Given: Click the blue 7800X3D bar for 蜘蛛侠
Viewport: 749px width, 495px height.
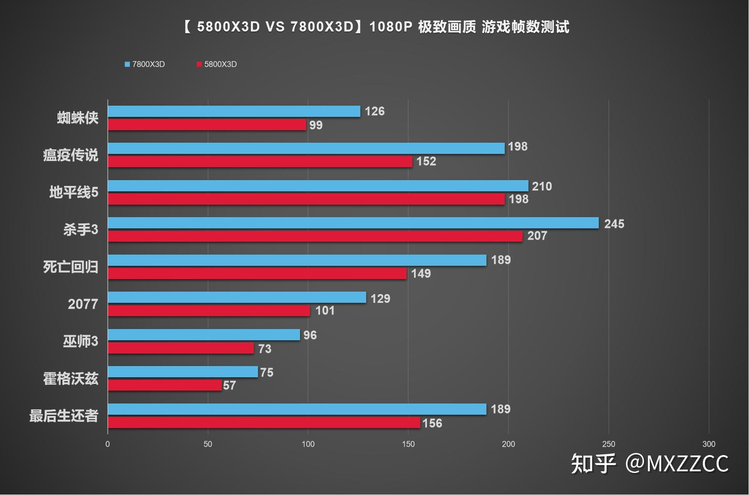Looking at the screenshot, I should coord(234,111).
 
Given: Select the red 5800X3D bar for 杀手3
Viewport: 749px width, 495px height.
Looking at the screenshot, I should coord(315,236).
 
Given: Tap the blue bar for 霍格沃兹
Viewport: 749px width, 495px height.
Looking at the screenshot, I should coord(183,372).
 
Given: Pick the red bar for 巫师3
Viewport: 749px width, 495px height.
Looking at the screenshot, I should coord(181,348).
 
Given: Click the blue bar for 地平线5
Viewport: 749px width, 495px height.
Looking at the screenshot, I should coord(318,186).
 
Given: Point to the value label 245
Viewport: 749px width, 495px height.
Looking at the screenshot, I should coord(614,224).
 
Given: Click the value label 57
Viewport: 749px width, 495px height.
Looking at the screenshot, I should coord(229,385).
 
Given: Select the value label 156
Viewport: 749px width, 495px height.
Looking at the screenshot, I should coord(432,423).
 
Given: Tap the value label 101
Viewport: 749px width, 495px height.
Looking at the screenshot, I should coord(325,310).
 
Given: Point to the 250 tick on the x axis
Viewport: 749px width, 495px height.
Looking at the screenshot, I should coord(608,444).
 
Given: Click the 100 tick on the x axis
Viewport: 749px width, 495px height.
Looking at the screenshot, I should coord(308,444).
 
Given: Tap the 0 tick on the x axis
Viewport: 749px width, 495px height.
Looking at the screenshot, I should coord(108,444).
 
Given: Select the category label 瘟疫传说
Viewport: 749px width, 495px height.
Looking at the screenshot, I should coord(70,155).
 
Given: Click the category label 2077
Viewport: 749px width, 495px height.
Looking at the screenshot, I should coord(83,304).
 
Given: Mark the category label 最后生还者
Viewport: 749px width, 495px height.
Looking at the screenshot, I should coord(64,416).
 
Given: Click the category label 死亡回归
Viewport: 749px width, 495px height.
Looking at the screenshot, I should coord(70,267).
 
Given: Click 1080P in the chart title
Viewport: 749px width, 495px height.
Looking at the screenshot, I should coord(390,27).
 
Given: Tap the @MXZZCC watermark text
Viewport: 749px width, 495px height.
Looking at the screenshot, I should coord(677,463).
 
